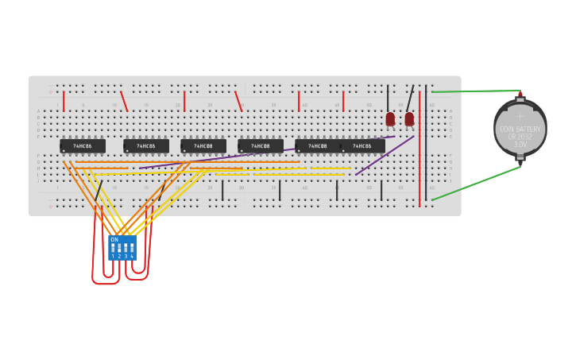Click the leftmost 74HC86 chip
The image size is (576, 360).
(x=83, y=146)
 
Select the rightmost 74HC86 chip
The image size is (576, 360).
(x=363, y=146)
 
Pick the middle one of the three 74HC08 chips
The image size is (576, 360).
(x=261, y=146)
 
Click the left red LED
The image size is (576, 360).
(x=390, y=119)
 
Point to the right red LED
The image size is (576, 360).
(x=409, y=119)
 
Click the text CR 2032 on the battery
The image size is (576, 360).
(x=520, y=137)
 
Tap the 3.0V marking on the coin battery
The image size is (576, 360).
(x=520, y=145)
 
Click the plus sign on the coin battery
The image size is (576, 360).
(x=520, y=116)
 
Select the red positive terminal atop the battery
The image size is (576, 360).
(x=520, y=95)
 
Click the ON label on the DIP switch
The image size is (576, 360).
(x=114, y=239)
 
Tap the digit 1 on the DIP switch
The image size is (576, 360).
(x=113, y=256)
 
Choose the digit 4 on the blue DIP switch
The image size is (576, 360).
(x=132, y=256)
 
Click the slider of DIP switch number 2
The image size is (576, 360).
(x=119, y=247)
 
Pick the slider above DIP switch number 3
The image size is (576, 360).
(x=126, y=247)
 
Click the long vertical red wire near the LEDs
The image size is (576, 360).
(x=419, y=151)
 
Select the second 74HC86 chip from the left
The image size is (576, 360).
(x=146, y=146)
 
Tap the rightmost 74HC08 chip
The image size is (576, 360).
(x=318, y=146)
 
